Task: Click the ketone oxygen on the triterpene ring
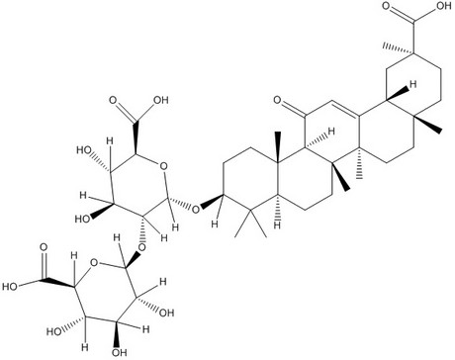tap(278, 100)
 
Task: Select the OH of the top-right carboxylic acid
tap(443, 6)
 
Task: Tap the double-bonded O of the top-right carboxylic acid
tap(387, 6)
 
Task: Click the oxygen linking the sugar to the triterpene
tap(196, 209)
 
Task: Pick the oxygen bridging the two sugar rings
tap(142, 247)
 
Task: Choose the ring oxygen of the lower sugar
tap(95, 263)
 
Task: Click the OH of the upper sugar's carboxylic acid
tap(160, 100)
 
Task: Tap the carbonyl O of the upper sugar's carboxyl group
tap(113, 100)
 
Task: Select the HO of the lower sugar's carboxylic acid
tap(10, 286)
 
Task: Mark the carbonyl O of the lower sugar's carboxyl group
tap(44, 247)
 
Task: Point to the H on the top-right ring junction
tap(412, 84)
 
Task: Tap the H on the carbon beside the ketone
tap(331, 132)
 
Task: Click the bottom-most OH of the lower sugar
tap(120, 352)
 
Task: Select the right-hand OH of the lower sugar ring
tap(166, 313)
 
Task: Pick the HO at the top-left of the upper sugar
tap(84, 150)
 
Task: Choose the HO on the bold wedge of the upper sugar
tap(83, 219)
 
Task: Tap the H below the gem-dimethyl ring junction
tap(278, 225)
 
